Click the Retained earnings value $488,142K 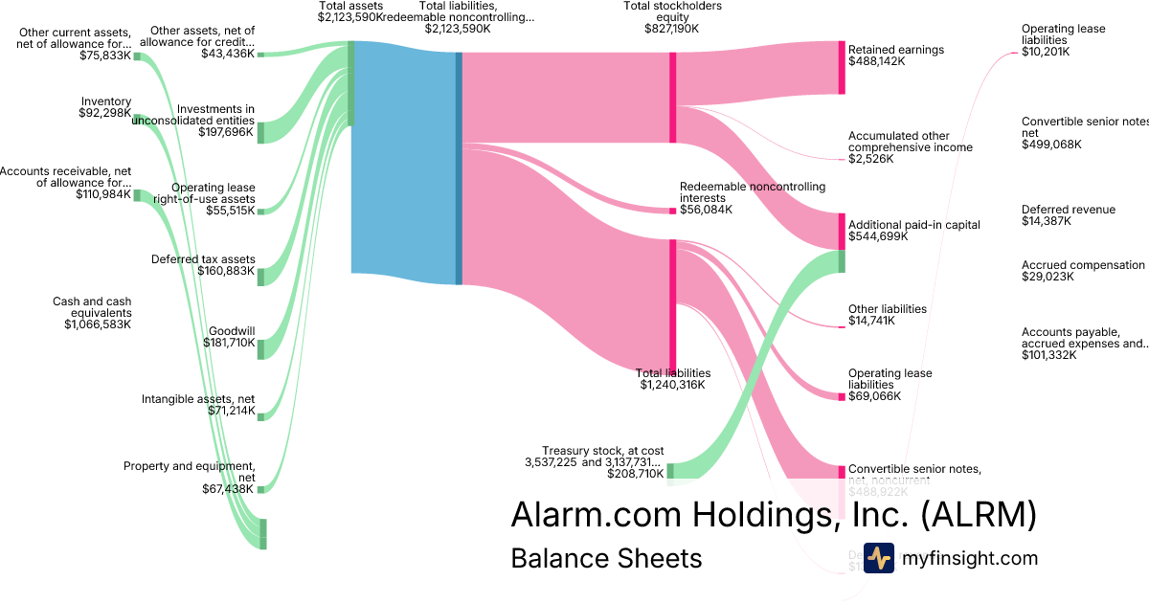coord(876,61)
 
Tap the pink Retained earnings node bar coord(842,68)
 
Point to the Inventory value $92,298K coord(104,113)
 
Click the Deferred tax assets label coord(203,259)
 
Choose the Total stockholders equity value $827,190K coord(672,29)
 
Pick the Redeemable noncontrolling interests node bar coord(673,210)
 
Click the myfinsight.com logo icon coord(878,558)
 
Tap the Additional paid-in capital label coord(914,225)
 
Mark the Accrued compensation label coord(1083,265)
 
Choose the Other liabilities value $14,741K coord(871,321)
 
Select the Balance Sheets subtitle coord(606,558)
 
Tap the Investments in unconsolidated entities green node coord(259,132)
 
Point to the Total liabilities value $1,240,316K coord(672,385)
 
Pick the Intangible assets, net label coord(198,399)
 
